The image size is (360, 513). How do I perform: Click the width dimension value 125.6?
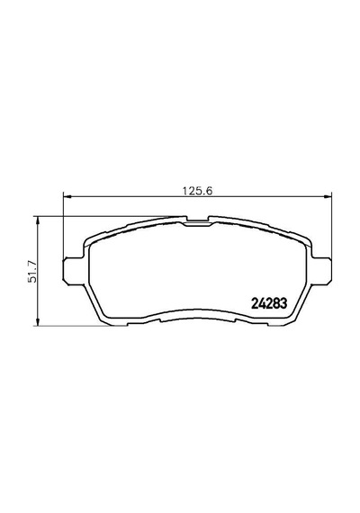point(197,191)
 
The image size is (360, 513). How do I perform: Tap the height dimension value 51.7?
point(32,271)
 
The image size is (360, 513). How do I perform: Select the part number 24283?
point(269,303)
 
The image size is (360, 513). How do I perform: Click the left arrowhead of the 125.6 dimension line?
point(67,196)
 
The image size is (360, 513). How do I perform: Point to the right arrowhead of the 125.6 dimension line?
point(328,196)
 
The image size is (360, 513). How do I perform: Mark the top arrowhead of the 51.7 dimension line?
point(38,220)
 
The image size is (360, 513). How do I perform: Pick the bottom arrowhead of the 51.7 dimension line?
point(38,321)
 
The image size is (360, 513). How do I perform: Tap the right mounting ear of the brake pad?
point(321,269)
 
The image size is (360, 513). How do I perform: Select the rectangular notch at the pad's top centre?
point(198,220)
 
